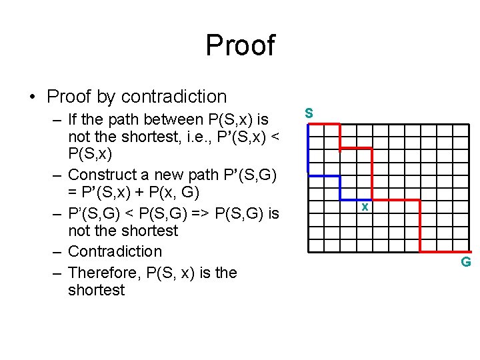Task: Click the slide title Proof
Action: (x=240, y=45)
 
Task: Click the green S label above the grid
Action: (x=309, y=113)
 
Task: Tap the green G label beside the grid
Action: (x=466, y=262)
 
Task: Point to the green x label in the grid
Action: (x=365, y=207)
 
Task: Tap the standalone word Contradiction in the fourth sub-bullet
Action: (x=115, y=251)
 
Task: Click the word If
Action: (x=74, y=120)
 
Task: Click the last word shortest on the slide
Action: (x=96, y=290)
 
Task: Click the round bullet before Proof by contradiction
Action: (x=33, y=97)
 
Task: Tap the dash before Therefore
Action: (x=57, y=273)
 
